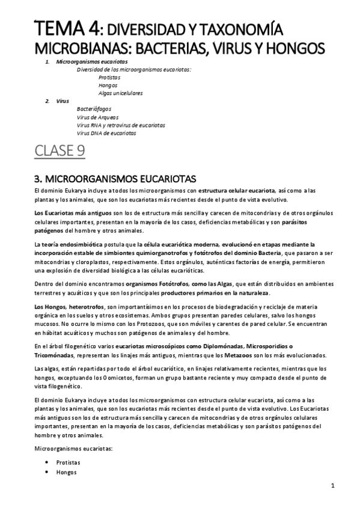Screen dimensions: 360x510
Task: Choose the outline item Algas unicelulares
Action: point(120,93)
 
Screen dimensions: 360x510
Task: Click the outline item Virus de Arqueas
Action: point(97,117)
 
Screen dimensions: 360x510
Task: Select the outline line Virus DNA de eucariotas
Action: point(106,133)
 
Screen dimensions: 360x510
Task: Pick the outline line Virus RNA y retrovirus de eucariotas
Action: point(121,125)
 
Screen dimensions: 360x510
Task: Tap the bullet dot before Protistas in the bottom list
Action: point(47,462)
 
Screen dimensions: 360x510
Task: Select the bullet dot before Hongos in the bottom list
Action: point(47,473)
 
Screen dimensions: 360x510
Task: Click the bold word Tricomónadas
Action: point(53,355)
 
